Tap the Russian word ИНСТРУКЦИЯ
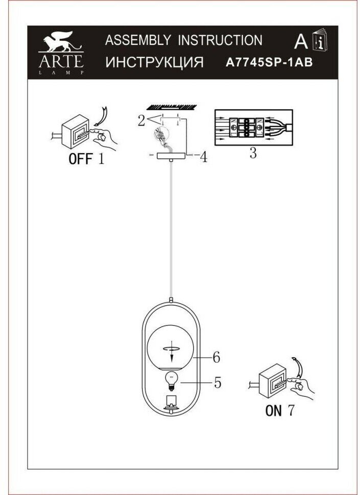click(x=154, y=63)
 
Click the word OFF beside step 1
click(x=81, y=159)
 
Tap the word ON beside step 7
click(x=274, y=410)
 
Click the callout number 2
click(x=140, y=120)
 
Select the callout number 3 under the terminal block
click(x=252, y=154)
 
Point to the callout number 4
click(x=203, y=157)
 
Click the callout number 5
click(x=217, y=382)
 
